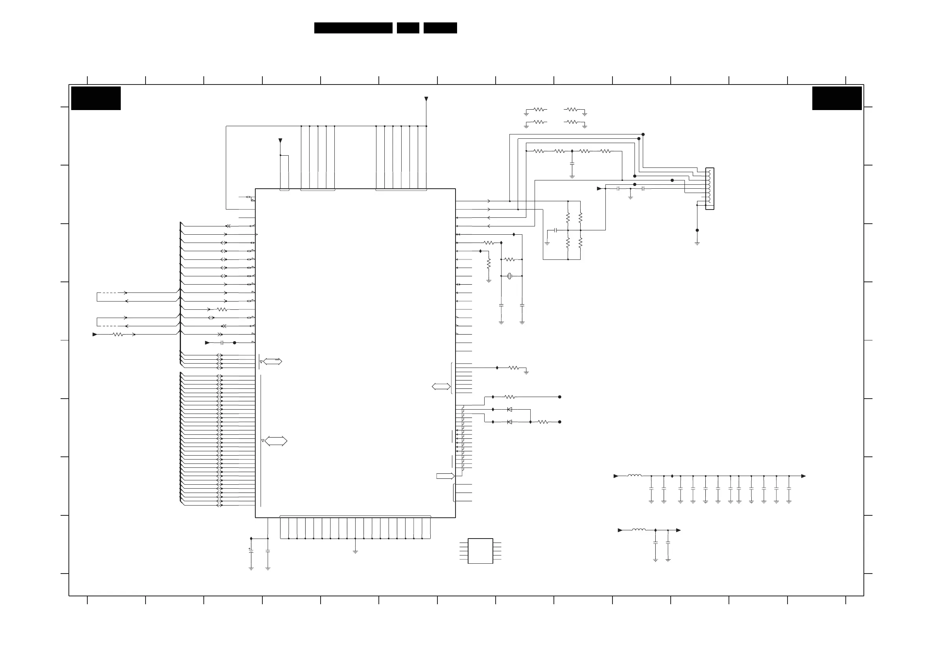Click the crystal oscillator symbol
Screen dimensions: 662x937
(x=509, y=276)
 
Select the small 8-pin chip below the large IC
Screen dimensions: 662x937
(x=480, y=551)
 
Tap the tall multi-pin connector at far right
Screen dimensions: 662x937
(x=710, y=188)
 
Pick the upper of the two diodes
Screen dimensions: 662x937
(x=509, y=409)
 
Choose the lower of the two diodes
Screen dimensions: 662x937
(x=509, y=422)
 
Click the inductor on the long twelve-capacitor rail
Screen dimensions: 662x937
(x=634, y=476)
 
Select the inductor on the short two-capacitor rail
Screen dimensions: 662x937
(x=639, y=530)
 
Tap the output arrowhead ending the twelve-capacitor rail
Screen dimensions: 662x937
(x=803, y=476)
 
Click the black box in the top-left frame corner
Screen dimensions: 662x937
(x=96, y=98)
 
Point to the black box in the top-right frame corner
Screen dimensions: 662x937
(x=837, y=98)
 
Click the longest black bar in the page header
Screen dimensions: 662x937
(x=353, y=28)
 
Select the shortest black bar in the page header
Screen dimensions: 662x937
(x=408, y=28)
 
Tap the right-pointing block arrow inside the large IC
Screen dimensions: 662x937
(x=445, y=476)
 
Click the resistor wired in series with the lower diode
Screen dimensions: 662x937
(x=543, y=422)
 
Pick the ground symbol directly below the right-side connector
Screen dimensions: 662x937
(x=697, y=243)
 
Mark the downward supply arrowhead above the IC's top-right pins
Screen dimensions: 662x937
(x=426, y=99)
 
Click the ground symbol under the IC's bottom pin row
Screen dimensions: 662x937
(x=355, y=552)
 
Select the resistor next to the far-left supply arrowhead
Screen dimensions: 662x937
(x=118, y=335)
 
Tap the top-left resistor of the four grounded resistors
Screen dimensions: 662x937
(x=540, y=109)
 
